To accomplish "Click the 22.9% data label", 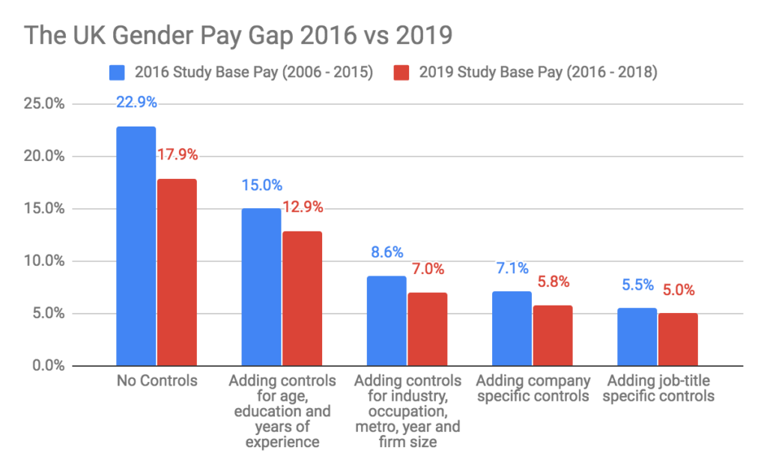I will click(136, 102).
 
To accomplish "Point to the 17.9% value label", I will click(178, 155).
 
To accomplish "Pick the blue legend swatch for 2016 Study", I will click(118, 73).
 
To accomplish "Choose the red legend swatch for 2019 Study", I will click(401, 73).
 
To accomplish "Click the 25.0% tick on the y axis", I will click(45, 104).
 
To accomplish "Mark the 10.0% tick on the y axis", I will click(45, 261).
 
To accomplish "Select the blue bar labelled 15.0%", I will click(261, 287).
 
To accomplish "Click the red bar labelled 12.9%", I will click(302, 298).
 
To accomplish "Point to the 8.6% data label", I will click(386, 252).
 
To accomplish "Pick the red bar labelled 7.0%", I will click(427, 329).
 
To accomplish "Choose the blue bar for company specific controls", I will click(512, 328).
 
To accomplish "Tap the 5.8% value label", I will click(553, 282).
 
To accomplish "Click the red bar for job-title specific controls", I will click(678, 339).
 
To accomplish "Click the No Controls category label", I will click(157, 381).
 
